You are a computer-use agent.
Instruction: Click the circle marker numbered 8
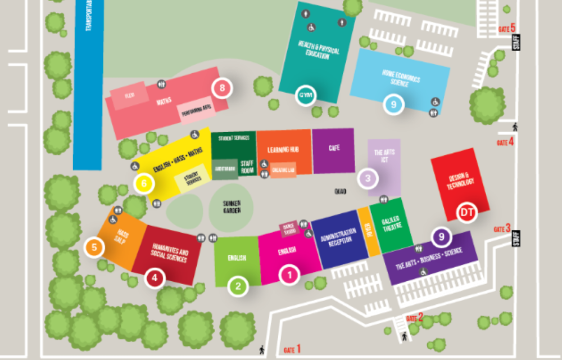222,88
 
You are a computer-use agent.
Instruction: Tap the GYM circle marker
306,94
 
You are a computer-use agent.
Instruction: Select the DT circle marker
466,212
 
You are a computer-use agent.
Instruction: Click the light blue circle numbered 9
393,104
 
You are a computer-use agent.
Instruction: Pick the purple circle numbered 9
442,237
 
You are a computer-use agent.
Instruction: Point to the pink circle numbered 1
290,275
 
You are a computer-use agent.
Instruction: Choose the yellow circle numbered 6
144,183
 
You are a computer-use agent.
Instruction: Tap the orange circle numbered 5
94,246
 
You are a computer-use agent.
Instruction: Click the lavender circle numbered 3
368,179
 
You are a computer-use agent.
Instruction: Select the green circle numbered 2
238,286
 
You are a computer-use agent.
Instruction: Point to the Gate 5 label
506,28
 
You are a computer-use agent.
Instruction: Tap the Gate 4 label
505,142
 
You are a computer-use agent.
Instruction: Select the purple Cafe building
333,150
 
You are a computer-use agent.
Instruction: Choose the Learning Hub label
283,150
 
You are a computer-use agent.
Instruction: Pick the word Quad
340,191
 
